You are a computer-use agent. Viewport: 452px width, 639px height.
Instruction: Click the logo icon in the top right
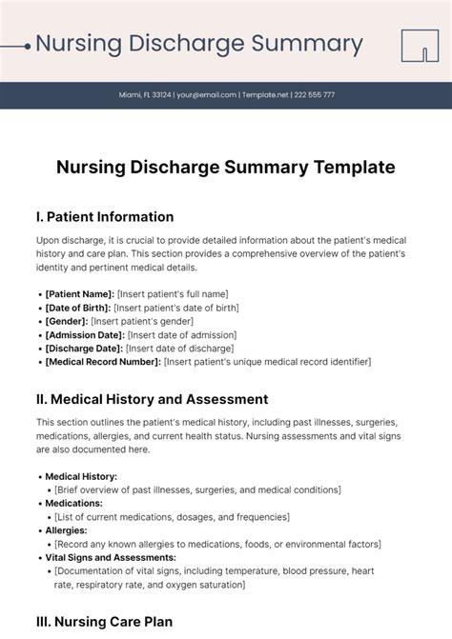tap(419, 45)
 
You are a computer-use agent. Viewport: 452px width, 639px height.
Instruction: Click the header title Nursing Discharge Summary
tap(198, 44)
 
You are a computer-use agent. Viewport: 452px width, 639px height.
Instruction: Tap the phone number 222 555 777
tap(315, 95)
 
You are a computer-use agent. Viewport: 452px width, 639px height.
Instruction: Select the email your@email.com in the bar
tap(208, 95)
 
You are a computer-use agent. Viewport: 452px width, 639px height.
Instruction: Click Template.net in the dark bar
tap(266, 95)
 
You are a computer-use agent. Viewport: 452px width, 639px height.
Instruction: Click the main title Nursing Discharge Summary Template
tap(225, 167)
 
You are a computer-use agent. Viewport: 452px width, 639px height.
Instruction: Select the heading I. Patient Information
tap(105, 216)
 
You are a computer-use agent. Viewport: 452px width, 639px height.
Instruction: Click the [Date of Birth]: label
tap(77, 308)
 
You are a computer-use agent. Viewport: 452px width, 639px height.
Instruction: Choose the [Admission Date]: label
tap(85, 335)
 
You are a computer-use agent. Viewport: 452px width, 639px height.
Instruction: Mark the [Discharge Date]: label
tap(84, 349)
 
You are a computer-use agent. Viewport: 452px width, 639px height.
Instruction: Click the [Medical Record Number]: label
tap(102, 362)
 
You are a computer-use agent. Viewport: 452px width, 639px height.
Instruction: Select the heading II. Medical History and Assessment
tap(152, 399)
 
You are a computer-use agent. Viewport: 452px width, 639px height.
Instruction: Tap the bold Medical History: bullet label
tap(81, 476)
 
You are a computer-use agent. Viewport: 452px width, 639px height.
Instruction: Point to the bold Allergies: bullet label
tap(66, 529)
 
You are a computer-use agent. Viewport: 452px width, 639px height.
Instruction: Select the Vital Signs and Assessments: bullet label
tap(111, 557)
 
